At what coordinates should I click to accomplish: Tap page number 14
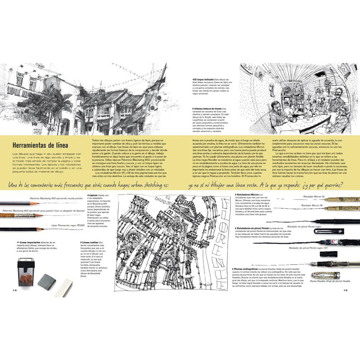pos(15,290)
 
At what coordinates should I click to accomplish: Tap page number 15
pos(345,290)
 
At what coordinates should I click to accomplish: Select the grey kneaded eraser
pos(46,280)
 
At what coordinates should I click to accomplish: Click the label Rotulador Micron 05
pos(314,196)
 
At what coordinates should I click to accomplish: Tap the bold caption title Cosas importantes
pos(29,242)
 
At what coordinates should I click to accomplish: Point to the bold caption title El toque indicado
pos(204,79)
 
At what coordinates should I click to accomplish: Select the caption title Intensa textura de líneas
pos(208,108)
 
